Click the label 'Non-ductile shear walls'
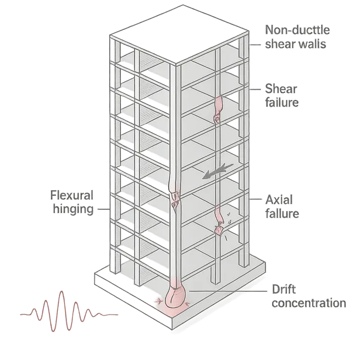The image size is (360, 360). pos(297,37)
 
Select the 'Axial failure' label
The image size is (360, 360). pos(281,206)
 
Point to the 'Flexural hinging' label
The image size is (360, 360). pos(71,203)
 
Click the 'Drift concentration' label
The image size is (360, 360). pos(308,296)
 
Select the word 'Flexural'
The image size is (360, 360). pos(71,196)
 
